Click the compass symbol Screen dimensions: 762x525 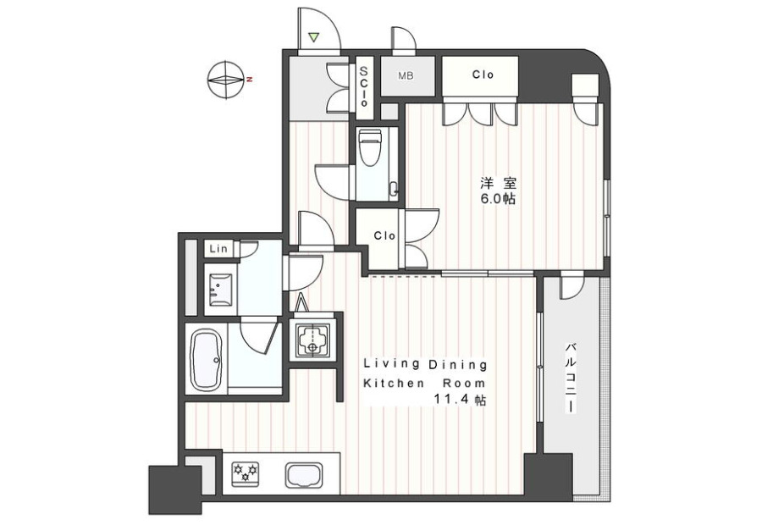click(x=225, y=80)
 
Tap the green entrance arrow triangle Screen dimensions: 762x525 click(x=314, y=37)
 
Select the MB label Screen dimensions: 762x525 click(x=406, y=76)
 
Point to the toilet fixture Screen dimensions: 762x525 click(x=370, y=147)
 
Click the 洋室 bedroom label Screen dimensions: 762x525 click(x=498, y=183)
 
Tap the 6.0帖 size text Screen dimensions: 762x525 click(x=498, y=199)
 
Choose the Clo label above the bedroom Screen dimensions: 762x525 click(x=483, y=75)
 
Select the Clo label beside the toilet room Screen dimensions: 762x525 click(x=384, y=235)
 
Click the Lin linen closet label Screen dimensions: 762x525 click(x=218, y=249)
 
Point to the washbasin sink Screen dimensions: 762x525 click(x=220, y=290)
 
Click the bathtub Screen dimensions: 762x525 click(x=206, y=360)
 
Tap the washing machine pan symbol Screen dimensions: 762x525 click(x=312, y=340)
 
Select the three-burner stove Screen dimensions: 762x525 click(x=246, y=473)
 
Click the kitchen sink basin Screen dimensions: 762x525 click(x=303, y=474)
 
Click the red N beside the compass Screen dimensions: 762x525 click(x=249, y=80)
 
